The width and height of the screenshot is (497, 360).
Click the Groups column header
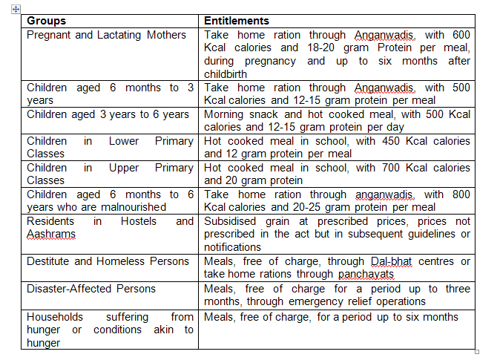46,21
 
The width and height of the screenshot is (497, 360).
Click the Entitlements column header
237,21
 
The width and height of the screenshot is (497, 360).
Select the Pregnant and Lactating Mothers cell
106,35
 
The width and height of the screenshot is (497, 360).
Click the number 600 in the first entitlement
461,35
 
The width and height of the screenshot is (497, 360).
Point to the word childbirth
231,74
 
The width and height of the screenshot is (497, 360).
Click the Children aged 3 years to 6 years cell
108,114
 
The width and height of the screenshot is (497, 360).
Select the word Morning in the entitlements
224,114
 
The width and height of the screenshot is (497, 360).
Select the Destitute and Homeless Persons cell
108,261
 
